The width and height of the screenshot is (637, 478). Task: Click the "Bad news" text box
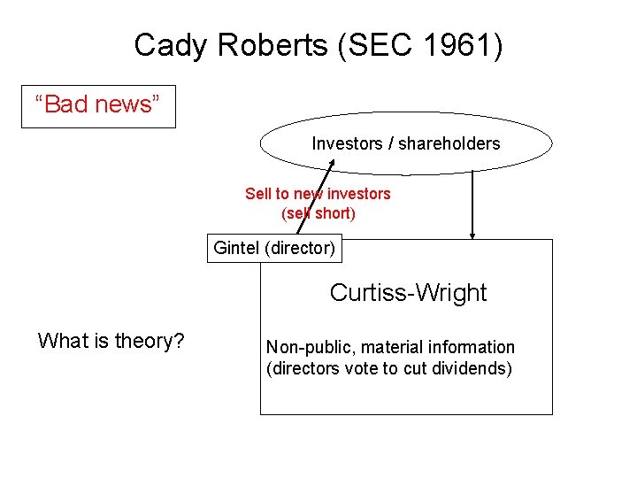[x=98, y=105]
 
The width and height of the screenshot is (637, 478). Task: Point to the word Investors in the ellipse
[x=346, y=143]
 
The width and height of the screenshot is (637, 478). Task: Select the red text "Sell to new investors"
[x=318, y=194]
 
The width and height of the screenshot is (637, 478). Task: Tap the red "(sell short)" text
[x=318, y=213]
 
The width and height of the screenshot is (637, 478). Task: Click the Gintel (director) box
[x=274, y=248]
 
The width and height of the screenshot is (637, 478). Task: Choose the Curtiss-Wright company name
[x=408, y=292]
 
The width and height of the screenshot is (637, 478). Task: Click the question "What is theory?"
[x=111, y=341]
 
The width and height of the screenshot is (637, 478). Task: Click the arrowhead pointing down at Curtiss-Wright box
[x=472, y=235]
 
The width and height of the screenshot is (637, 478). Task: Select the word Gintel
[x=236, y=248]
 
